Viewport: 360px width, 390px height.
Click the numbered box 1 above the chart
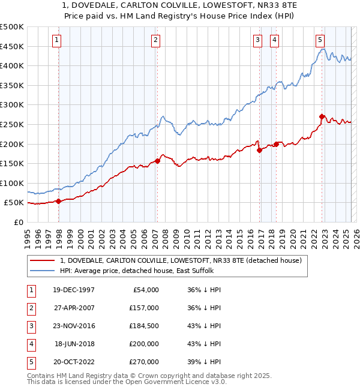coord(56,40)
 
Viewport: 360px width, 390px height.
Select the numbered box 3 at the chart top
coord(257,40)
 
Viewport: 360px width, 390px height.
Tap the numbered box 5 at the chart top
coord(320,40)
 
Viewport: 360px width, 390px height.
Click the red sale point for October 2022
coord(322,116)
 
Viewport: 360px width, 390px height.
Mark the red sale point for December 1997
coord(59,201)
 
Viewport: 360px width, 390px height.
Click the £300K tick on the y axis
coord(12,104)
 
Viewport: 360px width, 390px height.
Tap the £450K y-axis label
coord(12,46)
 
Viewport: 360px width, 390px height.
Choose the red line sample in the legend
coord(43,260)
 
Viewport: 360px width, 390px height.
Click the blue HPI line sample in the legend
coord(43,271)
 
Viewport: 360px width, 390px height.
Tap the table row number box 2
coord(30,308)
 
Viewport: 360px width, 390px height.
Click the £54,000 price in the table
coord(144,290)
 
